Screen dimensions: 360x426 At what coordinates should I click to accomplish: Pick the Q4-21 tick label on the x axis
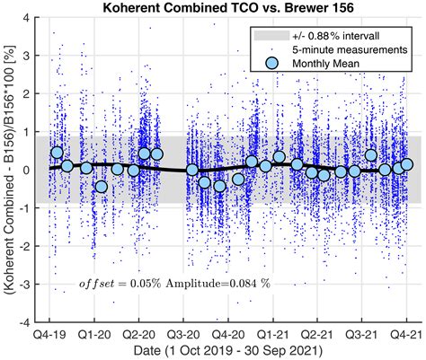[405, 333]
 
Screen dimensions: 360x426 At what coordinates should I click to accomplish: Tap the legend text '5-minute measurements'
[344, 50]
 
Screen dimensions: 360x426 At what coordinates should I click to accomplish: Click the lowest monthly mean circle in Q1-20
[102, 187]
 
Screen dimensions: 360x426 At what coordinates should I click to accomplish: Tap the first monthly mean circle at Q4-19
[58, 153]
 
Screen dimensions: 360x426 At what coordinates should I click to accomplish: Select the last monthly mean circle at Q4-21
[407, 164]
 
